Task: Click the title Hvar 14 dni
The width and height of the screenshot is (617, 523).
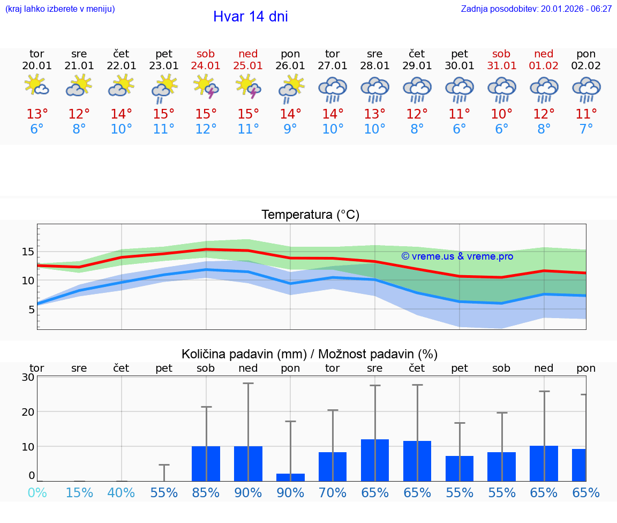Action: (x=250, y=17)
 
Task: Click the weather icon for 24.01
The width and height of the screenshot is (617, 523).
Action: (x=206, y=87)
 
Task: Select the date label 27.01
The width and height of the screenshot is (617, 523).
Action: (x=333, y=66)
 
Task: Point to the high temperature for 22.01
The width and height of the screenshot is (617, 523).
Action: (x=122, y=114)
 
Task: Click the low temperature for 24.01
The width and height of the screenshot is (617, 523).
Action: (x=206, y=129)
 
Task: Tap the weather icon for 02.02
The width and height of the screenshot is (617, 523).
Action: (x=586, y=89)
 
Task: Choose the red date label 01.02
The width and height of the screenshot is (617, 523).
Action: (x=544, y=66)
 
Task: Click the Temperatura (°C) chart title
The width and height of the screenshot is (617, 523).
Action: (x=310, y=215)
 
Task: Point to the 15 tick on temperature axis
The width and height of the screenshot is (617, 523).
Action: (x=28, y=252)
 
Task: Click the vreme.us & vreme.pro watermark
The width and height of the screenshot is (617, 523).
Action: (x=457, y=256)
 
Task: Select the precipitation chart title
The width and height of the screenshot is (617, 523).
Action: (x=310, y=354)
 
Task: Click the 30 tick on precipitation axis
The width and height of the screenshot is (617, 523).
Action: (x=28, y=377)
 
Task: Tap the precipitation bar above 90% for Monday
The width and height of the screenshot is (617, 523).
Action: (x=290, y=477)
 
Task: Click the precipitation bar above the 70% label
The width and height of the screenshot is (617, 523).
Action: (x=333, y=467)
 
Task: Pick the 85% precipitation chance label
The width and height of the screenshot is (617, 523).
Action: (x=206, y=493)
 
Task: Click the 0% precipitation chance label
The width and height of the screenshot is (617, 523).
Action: (x=37, y=493)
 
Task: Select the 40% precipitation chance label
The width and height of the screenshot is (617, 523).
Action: (x=122, y=493)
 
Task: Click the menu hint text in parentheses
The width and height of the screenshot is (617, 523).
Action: (x=59, y=9)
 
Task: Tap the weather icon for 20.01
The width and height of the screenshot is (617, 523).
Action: (x=37, y=86)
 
